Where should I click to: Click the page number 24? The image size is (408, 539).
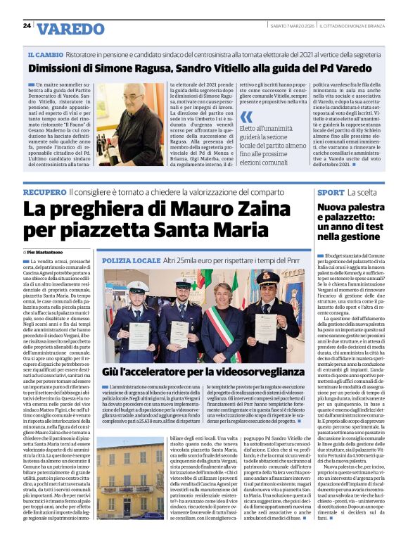(27, 25)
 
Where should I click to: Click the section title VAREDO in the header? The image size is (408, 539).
(70, 29)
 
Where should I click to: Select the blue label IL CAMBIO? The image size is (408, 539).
(46, 54)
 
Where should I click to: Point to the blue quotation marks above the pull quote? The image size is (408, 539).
(245, 117)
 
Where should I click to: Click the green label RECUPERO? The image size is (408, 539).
(44, 192)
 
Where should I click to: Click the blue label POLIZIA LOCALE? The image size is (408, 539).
(132, 260)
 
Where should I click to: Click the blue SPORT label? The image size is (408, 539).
(330, 192)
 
